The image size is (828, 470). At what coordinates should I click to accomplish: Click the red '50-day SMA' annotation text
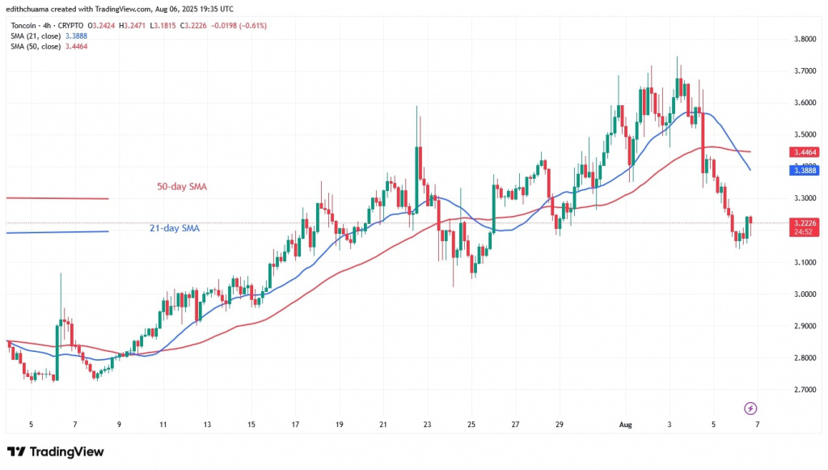click(181, 187)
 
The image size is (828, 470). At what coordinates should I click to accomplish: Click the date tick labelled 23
click(427, 424)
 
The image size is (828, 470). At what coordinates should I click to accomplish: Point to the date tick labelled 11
click(163, 424)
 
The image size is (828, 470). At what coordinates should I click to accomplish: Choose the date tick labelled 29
click(559, 424)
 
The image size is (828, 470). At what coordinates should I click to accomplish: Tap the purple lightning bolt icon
click(750, 408)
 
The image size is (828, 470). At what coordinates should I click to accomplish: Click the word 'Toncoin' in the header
click(24, 25)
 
